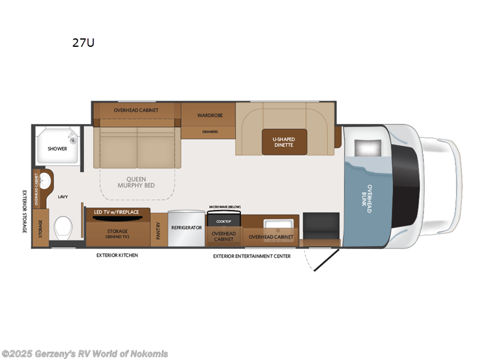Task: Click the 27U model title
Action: tap(83, 43)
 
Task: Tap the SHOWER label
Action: tap(58, 149)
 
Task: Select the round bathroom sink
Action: tap(43, 182)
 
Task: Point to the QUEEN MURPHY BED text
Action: tap(140, 182)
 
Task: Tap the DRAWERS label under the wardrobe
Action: tap(210, 131)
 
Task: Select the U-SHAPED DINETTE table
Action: tap(284, 142)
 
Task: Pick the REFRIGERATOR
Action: tap(187, 228)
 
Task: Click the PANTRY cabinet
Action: tap(158, 229)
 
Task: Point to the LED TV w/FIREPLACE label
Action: tap(117, 212)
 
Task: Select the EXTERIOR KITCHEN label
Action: tap(117, 255)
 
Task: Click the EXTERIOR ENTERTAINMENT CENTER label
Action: tap(251, 256)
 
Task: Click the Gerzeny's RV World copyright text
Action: tap(85, 353)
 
